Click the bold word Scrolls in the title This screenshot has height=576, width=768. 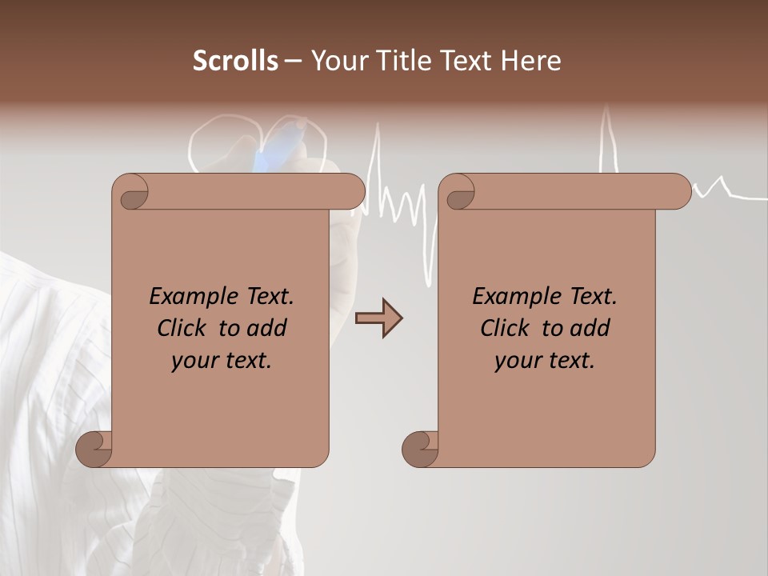tap(235, 61)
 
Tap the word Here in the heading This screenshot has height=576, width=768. tap(530, 61)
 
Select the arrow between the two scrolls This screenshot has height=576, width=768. tap(378, 318)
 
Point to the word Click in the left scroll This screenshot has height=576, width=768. tap(182, 328)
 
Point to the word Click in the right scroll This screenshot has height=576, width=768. tap(506, 328)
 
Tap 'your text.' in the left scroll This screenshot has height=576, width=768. tap(222, 360)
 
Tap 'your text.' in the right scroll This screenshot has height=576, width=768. tap(545, 360)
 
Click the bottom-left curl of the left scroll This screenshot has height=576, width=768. tap(94, 449)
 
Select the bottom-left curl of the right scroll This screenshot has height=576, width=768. tap(420, 449)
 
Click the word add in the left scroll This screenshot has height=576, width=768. tap(266, 328)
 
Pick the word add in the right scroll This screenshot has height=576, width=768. tap(590, 328)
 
